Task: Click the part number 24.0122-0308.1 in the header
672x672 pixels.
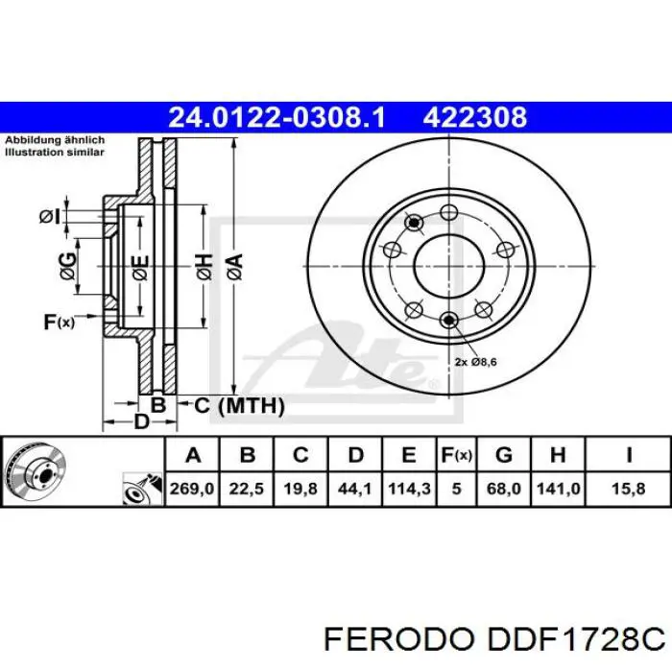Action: click(x=276, y=118)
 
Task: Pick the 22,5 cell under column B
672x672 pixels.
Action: click(x=246, y=489)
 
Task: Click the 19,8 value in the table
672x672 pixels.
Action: click(x=300, y=489)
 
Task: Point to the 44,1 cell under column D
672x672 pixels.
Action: click(x=354, y=489)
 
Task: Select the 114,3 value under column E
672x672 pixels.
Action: click(x=408, y=489)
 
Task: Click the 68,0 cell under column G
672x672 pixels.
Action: click(x=504, y=489)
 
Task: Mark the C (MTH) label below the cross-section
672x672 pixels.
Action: click(x=239, y=406)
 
